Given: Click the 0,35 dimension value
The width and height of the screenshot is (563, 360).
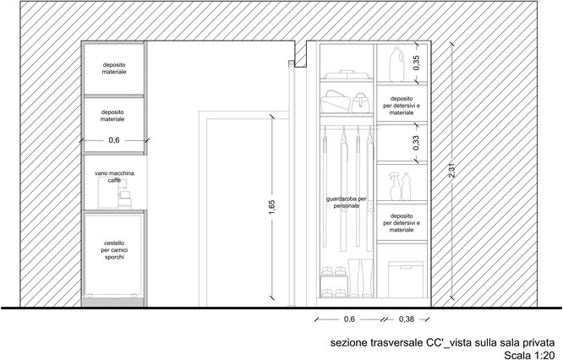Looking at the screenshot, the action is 417,63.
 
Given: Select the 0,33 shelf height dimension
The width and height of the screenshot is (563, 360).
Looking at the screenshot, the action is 417,143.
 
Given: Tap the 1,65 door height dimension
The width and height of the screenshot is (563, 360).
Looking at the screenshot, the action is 272,208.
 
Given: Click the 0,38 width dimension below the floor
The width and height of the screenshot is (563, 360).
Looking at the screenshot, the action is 406,319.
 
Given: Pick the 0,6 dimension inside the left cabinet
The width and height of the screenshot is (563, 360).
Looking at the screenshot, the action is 114,140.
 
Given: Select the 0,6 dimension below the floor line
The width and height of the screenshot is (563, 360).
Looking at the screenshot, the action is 349,319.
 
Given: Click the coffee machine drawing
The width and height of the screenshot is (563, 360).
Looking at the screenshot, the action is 114,194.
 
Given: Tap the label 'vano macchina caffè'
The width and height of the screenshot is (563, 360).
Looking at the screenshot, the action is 114,177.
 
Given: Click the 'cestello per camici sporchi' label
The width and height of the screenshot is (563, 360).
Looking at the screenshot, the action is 114,250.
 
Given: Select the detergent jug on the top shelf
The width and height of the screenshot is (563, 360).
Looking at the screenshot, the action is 396,64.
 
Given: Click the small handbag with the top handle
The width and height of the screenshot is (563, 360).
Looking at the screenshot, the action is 360,103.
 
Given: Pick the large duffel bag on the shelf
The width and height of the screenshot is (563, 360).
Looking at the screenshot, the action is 335,101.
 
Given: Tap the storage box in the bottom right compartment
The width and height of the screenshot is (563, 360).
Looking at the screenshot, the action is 406,279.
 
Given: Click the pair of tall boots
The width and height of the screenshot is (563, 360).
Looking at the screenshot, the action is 360,278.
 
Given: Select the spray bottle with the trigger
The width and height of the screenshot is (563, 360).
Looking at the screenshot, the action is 395,186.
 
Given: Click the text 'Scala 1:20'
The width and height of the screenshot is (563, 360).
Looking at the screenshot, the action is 529,355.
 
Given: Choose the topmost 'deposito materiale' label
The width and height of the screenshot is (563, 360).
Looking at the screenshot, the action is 114,68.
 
